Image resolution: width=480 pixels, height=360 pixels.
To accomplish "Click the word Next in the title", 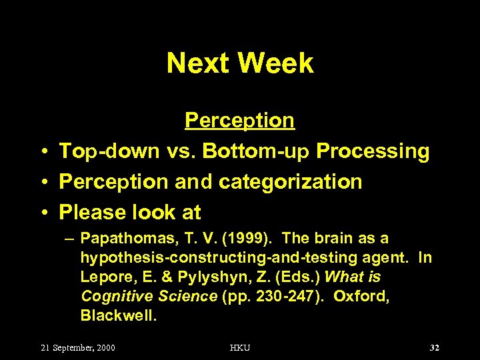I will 198,63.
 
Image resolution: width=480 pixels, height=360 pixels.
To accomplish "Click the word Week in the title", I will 275,63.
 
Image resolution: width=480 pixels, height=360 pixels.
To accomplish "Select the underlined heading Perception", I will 239,121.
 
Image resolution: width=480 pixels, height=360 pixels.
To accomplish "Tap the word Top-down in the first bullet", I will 109,152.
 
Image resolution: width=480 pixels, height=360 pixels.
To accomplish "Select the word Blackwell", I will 118,315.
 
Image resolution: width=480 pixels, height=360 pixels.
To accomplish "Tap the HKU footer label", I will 240,348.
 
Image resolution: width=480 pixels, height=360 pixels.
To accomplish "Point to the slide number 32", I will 435,348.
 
